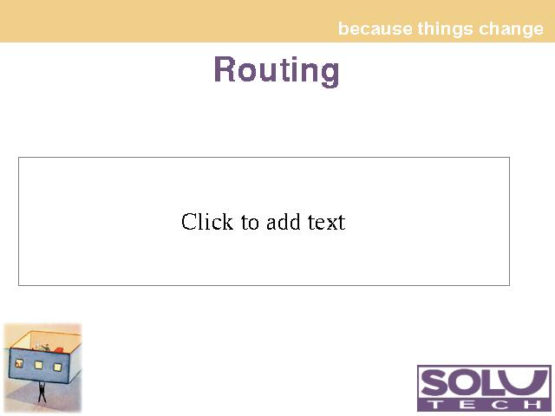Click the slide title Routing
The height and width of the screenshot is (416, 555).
277,70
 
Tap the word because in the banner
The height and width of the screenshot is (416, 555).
375,29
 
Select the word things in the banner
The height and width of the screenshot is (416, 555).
445,29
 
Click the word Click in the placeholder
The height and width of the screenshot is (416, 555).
207,222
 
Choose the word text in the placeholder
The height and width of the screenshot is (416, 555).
326,223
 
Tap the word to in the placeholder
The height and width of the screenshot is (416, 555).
250,223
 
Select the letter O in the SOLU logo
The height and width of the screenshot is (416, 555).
467,383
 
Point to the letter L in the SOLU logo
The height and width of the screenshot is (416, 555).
493,383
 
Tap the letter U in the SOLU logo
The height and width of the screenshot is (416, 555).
524,383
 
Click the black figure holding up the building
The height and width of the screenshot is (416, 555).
42,392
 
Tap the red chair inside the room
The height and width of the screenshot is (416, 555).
58,350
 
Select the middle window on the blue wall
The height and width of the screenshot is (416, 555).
38,365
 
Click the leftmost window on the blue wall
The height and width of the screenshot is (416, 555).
19,362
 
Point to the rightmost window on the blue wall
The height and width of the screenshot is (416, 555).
57,367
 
